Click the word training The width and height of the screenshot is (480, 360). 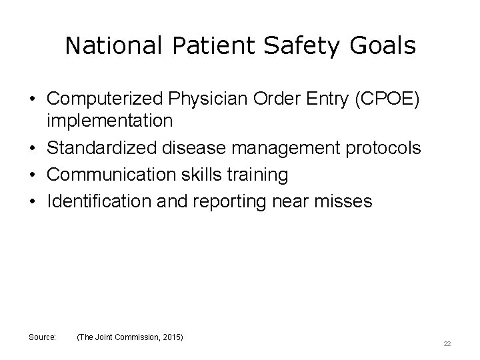[261, 175]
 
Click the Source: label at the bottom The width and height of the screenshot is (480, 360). [42, 338]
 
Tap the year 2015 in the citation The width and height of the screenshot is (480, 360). [172, 338]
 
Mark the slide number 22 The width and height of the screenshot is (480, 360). [447, 344]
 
